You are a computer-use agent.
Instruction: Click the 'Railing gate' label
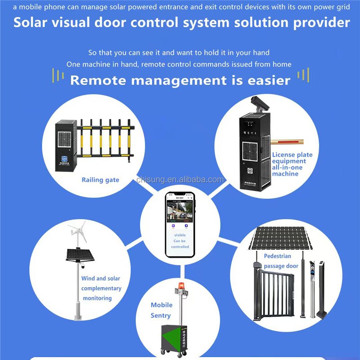[x=100, y=180]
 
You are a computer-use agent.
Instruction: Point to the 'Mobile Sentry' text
[x=161, y=310]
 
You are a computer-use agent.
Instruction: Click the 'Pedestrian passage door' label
[x=281, y=261]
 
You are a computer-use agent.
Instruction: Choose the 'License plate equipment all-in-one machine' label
[x=291, y=164]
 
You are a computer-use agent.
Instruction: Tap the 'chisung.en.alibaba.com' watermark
[x=180, y=180]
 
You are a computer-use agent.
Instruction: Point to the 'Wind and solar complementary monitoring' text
[x=101, y=288]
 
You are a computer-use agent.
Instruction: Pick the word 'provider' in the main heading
[x=321, y=23]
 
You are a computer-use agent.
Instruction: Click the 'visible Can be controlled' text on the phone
[x=180, y=241]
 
